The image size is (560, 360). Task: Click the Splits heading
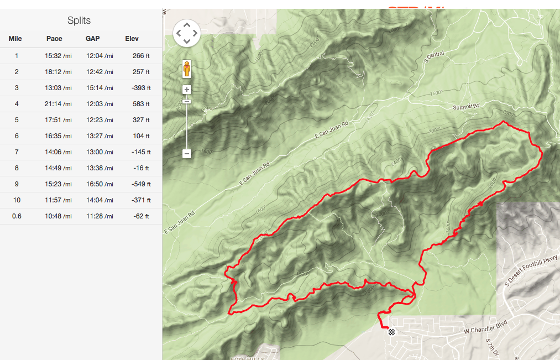pos(79,20)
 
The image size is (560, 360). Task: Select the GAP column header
pos(92,39)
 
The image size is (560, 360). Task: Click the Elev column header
pos(132,39)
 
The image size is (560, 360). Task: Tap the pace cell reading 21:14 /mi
pos(58,104)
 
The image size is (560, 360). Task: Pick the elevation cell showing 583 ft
pos(141,104)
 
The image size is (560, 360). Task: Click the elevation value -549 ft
pos(141,184)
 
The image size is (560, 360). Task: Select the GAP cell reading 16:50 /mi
pos(100,184)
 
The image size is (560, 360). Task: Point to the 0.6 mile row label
pos(17,216)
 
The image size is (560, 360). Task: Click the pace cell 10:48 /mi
pos(58,216)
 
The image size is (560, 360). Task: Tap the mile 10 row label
pos(17,200)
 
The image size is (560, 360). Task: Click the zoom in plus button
pos(187,90)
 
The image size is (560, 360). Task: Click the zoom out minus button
pos(187,154)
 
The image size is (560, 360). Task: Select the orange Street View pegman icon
pos(187,69)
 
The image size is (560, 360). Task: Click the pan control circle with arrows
pos(187,33)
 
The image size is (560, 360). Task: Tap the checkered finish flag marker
pos(392,332)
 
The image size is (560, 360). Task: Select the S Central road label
pos(435,55)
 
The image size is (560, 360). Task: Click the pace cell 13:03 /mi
pos(58,88)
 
